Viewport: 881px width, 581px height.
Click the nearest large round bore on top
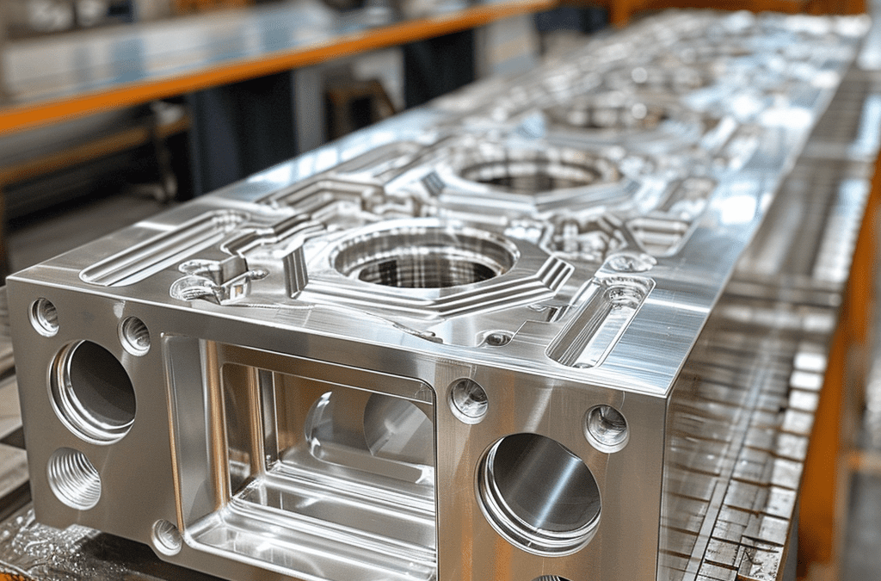pos(423,259)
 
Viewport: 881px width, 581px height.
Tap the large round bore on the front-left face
pos(92,392)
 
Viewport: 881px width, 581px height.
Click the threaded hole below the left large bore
pos(74,478)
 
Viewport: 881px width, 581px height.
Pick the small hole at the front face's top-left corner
pos(44,317)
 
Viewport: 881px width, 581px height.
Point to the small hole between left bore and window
pos(134,335)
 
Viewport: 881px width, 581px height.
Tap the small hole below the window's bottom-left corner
pos(166,537)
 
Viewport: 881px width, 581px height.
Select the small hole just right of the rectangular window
pos(469,400)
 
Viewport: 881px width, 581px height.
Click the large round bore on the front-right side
pos(539,493)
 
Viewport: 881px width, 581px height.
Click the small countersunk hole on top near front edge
pos(497,338)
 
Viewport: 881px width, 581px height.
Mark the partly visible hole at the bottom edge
pos(551,578)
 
